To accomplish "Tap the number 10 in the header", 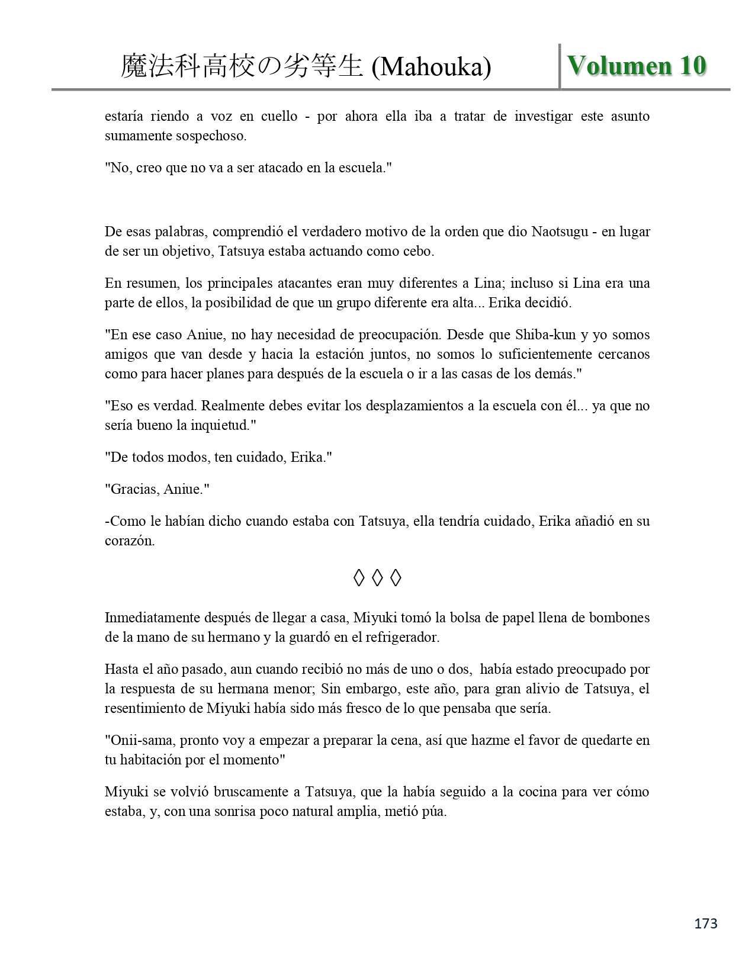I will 692,66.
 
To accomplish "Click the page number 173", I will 706,923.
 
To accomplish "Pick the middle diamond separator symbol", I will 377,577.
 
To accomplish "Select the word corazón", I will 129,541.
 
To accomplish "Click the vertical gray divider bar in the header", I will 560,66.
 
